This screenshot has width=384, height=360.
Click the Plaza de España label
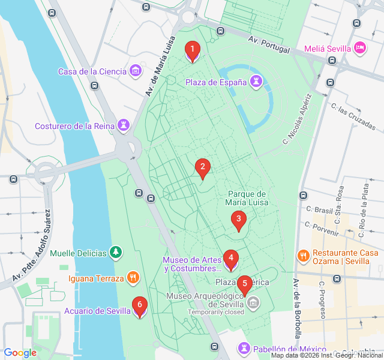pos(215,82)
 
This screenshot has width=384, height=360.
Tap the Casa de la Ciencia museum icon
pos(136,71)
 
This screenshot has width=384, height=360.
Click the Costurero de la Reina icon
pos(124,126)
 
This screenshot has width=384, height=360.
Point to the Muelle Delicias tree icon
pos(116,253)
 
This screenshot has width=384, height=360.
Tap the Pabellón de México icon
pos(244,349)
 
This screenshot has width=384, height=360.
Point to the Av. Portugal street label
pos(269,44)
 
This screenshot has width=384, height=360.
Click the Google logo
pos(20,353)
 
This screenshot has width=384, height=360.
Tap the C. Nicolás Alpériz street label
pos(298,118)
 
